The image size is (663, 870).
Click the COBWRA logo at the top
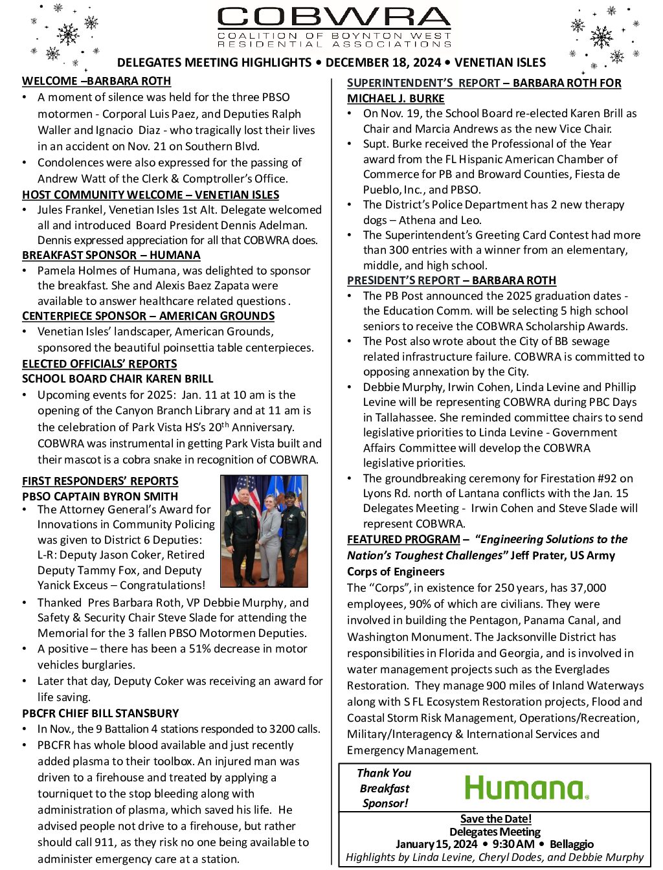pos(334,27)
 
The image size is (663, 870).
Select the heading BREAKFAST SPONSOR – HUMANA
pos(111,255)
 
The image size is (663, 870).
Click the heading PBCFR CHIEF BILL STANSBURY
pos(100,713)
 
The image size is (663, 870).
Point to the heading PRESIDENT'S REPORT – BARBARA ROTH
pos(451,280)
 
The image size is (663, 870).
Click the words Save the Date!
pos(495,819)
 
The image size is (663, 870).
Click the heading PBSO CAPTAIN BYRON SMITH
pos(100,496)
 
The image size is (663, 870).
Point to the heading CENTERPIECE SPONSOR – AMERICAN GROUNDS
pos(148,316)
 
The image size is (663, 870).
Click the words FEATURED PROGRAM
pos(403,539)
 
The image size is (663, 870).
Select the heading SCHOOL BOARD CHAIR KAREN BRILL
pos(118,379)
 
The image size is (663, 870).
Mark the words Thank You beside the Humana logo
pos(384,773)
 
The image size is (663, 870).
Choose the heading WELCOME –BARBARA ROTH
pos(96,81)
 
